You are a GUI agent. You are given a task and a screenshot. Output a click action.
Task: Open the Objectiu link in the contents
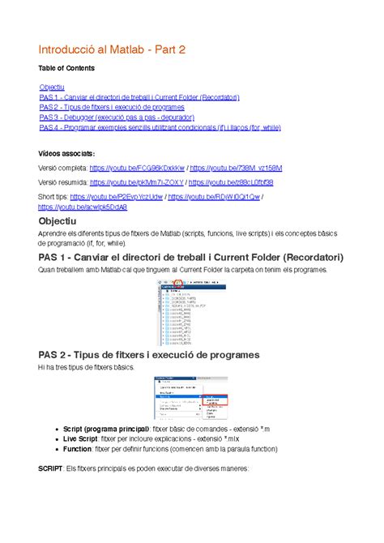[52, 87]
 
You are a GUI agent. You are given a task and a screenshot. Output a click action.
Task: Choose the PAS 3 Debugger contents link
[127, 118]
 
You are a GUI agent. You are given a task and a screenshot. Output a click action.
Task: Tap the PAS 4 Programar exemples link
[159, 127]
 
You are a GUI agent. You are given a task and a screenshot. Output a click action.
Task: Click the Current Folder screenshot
[191, 314]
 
